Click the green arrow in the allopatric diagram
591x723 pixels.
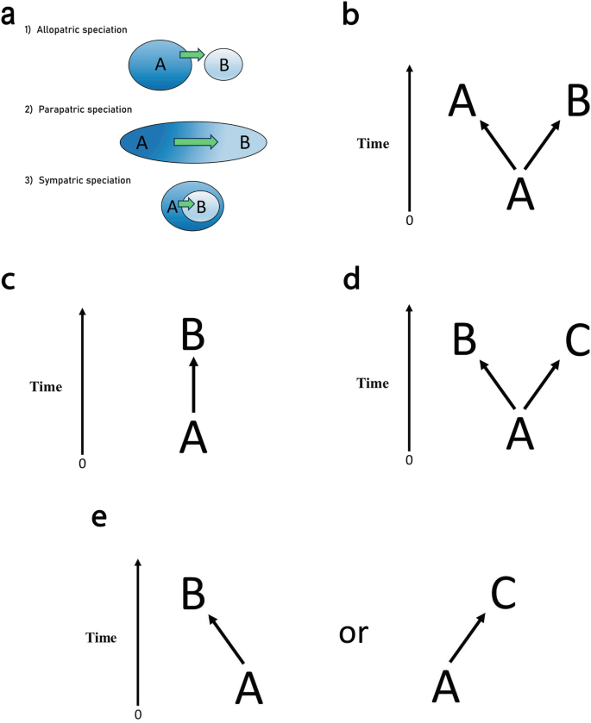click(x=192, y=55)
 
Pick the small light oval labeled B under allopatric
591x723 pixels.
click(x=223, y=65)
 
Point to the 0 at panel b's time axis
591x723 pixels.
click(x=410, y=221)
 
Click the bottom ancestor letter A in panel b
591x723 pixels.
click(x=519, y=190)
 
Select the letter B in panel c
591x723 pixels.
click(x=194, y=332)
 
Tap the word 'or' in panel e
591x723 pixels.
click(x=353, y=632)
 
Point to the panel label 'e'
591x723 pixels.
click(x=100, y=517)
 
